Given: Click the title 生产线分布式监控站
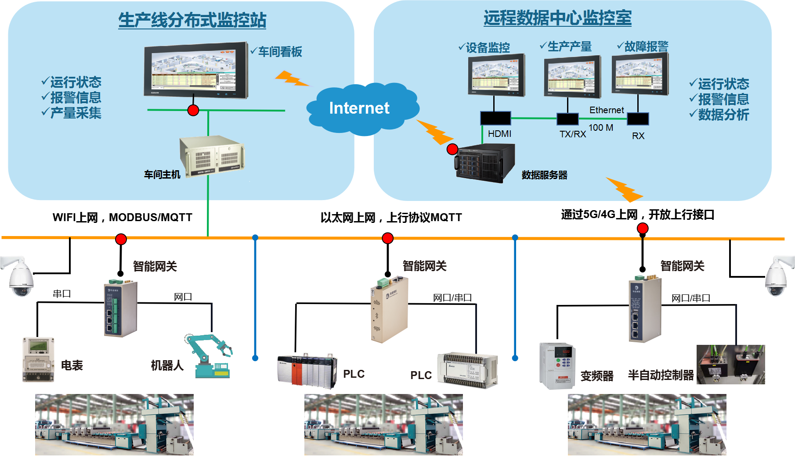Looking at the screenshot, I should pyautogui.click(x=192, y=20).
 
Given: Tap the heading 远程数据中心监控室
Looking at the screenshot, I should pyautogui.click(x=557, y=18).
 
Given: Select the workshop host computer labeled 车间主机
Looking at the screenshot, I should pyautogui.click(x=212, y=156).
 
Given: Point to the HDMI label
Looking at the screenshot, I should pyautogui.click(x=499, y=134).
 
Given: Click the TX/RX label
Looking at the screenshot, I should pyautogui.click(x=572, y=134).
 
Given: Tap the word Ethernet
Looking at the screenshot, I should pyautogui.click(x=606, y=110).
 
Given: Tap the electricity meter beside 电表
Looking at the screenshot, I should pyautogui.click(x=39, y=359).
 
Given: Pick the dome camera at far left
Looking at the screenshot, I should pyautogui.click(x=20, y=277).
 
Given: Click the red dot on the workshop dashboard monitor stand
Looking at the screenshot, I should pyautogui.click(x=193, y=110).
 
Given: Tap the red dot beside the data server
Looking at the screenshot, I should pyautogui.click(x=452, y=149).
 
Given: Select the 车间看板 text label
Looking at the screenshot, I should pyautogui.click(x=280, y=52).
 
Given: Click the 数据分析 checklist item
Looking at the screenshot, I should pyautogui.click(x=723, y=115).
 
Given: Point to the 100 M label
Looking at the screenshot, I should pyautogui.click(x=600, y=128).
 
